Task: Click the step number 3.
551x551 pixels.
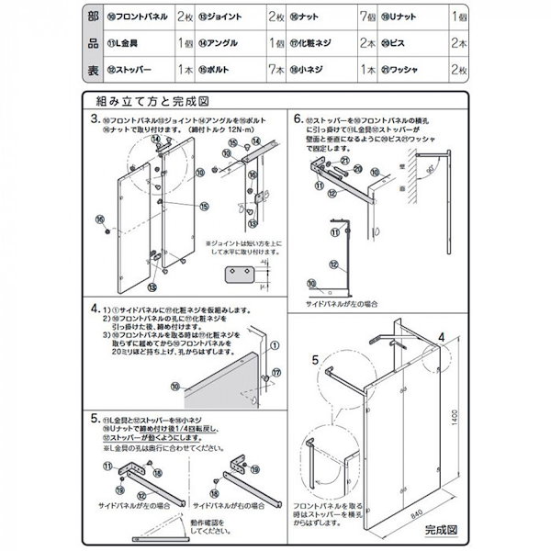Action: point(95,119)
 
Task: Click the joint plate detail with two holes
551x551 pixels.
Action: point(242,275)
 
